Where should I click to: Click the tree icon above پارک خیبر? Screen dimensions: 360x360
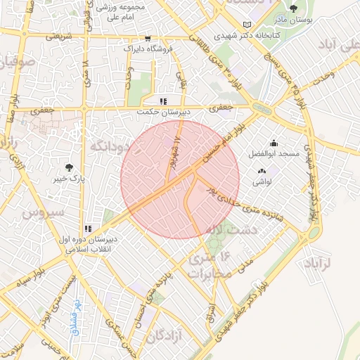tap(69, 167)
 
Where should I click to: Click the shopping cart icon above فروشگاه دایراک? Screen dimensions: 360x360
tap(147, 39)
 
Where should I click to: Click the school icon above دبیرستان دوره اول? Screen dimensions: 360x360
tap(89, 229)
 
